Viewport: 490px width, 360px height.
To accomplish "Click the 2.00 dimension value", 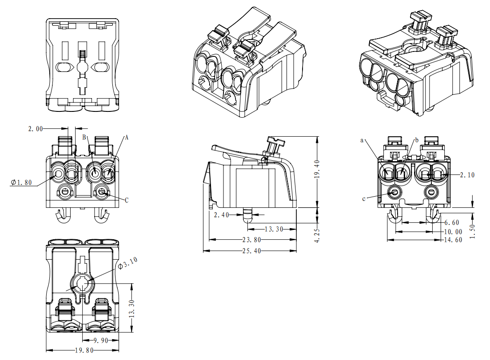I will click(36, 129).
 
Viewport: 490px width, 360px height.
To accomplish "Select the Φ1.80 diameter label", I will click(21, 182).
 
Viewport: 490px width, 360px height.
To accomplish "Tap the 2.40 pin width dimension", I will click(221, 215).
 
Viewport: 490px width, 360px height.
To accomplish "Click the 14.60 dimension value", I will click(453, 240).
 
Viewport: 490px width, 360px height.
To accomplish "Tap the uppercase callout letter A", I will click(126, 138).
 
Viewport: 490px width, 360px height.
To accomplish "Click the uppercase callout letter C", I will click(127, 200).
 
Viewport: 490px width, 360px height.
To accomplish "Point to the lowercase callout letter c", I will click(364, 198).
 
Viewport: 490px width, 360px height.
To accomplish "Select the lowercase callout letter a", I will click(362, 140).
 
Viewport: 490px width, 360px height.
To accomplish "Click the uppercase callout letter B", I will click(84, 138).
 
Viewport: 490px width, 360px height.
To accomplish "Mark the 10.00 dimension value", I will click(453, 231).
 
